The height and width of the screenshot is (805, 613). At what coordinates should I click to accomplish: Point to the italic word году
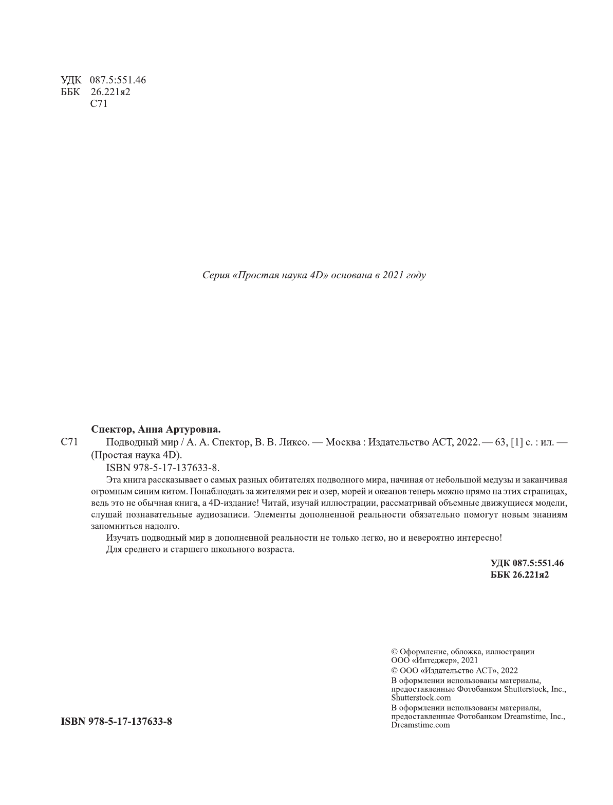tap(415, 275)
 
